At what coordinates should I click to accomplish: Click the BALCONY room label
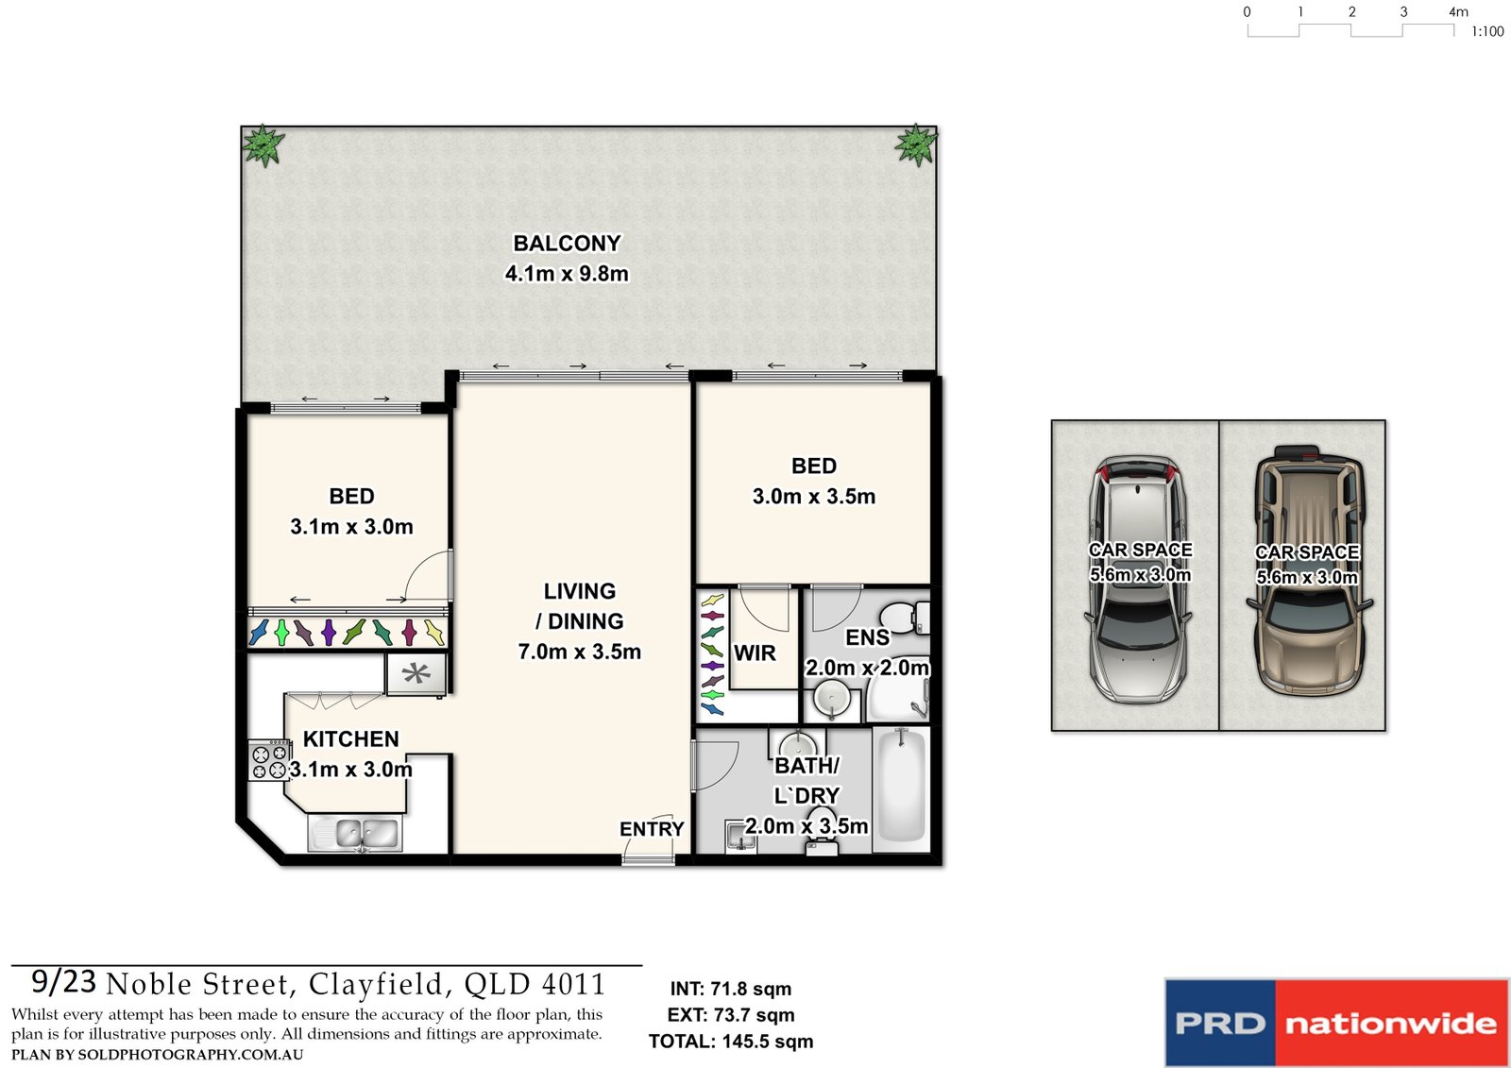click(x=567, y=244)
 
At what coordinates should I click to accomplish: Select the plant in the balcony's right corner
click(x=915, y=144)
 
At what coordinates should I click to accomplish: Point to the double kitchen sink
click(x=355, y=834)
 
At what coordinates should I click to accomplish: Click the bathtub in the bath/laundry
click(x=901, y=787)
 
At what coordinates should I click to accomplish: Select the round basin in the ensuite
click(x=832, y=701)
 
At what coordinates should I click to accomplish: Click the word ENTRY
click(x=652, y=829)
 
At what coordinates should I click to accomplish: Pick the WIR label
click(x=755, y=653)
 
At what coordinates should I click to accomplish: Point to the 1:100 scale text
click(x=1487, y=32)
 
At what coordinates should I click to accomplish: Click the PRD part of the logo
click(x=1219, y=1024)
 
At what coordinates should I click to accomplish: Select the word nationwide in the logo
click(x=1390, y=1024)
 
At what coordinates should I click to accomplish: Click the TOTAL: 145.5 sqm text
click(x=730, y=1042)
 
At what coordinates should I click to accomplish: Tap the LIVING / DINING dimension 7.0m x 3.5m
click(x=579, y=652)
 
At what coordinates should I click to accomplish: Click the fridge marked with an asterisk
click(x=416, y=674)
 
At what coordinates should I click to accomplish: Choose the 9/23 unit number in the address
click(x=63, y=982)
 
